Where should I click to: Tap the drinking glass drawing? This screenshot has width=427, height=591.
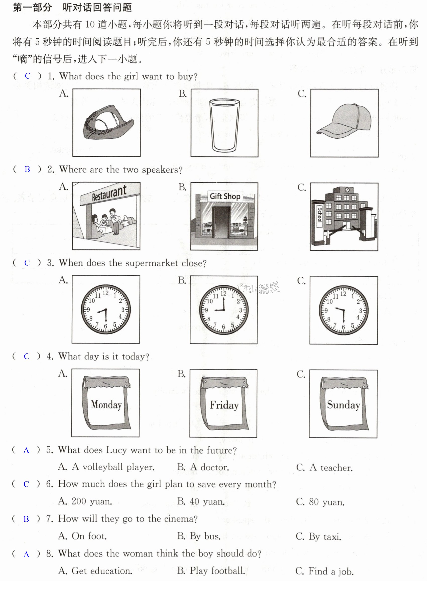point(224,125)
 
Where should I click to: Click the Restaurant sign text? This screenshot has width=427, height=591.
point(109,193)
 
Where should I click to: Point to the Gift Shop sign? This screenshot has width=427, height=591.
point(225,196)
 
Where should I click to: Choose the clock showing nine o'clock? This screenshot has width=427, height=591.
point(224,310)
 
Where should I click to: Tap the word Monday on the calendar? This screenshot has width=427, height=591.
point(106,405)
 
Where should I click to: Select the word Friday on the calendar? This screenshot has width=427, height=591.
point(224,405)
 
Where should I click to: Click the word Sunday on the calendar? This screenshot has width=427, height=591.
point(344,405)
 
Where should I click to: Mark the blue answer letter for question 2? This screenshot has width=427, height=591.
point(27,169)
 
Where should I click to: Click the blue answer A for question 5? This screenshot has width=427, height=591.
point(26,450)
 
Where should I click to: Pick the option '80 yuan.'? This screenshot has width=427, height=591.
point(326,502)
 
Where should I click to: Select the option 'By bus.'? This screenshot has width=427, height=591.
point(205,537)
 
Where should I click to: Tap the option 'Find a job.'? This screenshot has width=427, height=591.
point(331,571)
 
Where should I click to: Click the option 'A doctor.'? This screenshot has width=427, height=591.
point(210,467)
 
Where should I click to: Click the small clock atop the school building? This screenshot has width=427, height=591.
point(347,190)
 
